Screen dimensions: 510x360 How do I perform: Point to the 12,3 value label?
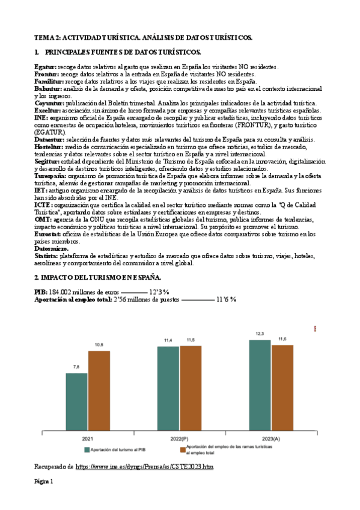tap(260, 333)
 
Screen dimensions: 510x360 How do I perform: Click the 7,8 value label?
tap(76, 366)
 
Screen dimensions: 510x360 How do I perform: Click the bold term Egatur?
tap(45, 66)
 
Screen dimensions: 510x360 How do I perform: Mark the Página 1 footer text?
tap(43, 482)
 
